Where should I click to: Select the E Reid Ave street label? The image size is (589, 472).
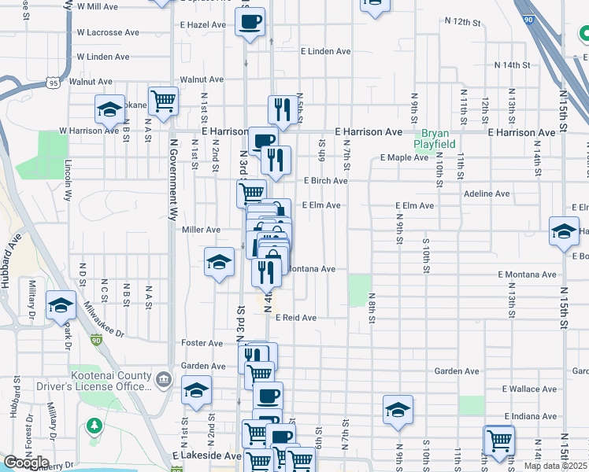[x=295, y=318]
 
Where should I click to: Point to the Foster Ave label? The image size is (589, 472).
[x=202, y=343]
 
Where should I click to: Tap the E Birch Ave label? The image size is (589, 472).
[x=325, y=181]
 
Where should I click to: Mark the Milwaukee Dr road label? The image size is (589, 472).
[x=105, y=319]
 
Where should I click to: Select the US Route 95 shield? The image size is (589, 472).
[x=53, y=81]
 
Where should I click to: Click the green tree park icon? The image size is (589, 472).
[x=95, y=426]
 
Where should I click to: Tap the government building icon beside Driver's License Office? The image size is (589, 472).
[x=163, y=380]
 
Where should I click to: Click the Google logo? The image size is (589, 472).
[x=26, y=463]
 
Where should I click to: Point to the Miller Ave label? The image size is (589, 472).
[x=201, y=230]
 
